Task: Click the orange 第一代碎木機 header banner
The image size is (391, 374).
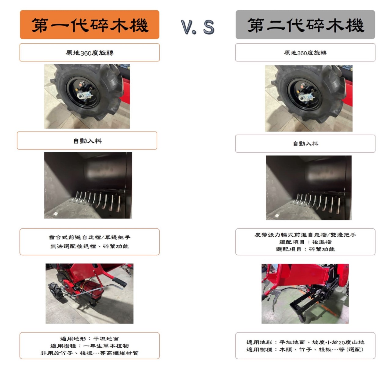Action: [90, 24]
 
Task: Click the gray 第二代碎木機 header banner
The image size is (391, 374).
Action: [305, 24]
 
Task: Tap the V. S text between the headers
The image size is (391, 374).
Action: [198, 27]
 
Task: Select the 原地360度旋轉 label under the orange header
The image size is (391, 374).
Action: [90, 53]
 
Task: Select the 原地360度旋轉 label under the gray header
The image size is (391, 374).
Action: [305, 53]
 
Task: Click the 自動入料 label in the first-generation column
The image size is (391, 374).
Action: [87, 141]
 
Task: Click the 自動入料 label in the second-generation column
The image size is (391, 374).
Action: [305, 144]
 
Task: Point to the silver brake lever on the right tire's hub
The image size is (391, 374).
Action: [306, 97]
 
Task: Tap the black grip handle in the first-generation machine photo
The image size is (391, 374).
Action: [119, 282]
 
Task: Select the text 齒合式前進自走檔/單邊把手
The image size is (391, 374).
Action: [90, 237]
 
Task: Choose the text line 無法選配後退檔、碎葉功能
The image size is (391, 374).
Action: [90, 246]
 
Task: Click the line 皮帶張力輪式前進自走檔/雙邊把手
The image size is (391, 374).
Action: [305, 235]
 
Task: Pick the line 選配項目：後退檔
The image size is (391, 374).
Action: [305, 242]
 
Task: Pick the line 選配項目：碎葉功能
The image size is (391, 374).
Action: [305, 249]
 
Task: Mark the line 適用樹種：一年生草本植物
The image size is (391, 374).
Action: [90, 346]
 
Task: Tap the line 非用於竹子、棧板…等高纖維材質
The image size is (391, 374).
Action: [90, 353]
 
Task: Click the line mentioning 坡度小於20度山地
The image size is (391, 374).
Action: [305, 342]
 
